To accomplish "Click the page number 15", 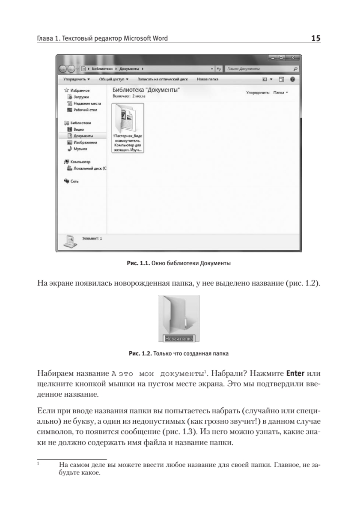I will (x=316, y=39).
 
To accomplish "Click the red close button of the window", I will (x=293, y=58).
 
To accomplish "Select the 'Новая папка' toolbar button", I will (x=208, y=80).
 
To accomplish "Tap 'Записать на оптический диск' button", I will (x=163, y=80).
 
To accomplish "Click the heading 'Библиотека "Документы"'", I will (x=146, y=90).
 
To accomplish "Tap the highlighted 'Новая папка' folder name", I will (x=179, y=338).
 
